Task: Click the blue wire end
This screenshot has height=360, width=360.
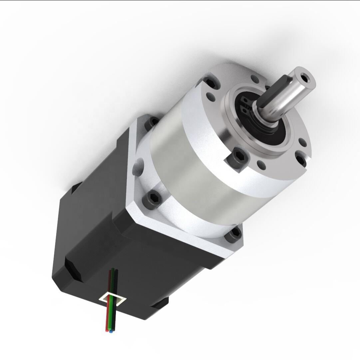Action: coord(111,332)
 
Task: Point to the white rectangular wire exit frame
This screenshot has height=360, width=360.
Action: coord(113,299)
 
